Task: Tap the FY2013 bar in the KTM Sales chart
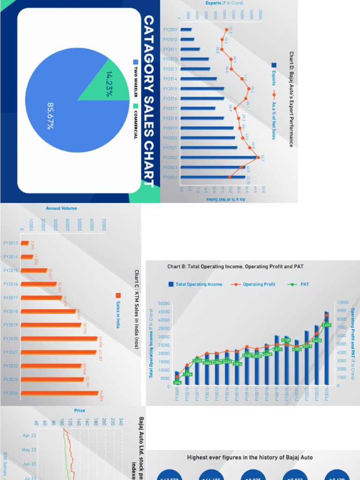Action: coord(27,243)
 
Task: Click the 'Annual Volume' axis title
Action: coord(61,208)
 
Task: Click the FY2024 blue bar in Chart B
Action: coord(327,349)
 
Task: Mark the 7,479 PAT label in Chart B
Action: coord(327,325)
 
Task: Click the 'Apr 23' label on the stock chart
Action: coord(29,435)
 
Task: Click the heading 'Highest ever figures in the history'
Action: coord(249,457)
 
